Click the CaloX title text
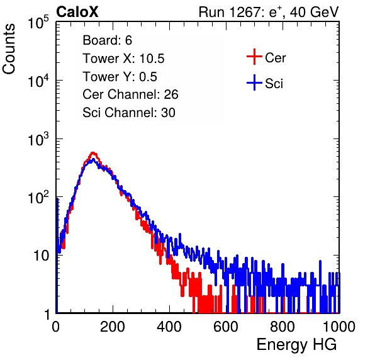click(77, 12)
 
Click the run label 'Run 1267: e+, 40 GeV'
click(269, 12)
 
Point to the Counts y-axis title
click(9, 49)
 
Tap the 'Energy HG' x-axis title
click(296, 344)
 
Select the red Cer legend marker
click(254, 57)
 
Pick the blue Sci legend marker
click(254, 83)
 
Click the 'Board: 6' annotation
click(107, 40)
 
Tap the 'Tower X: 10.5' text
click(123, 59)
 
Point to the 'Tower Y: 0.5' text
click(120, 77)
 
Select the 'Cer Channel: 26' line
click(130, 94)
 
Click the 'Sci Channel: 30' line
click(129, 113)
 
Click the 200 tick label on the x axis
click(113, 327)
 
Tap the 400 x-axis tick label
click(169, 327)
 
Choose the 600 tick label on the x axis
click(226, 327)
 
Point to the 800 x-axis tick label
click(283, 327)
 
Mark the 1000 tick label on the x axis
click(339, 327)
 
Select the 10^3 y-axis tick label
click(38, 139)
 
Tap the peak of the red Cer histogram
click(92, 152)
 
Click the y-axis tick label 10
click(41, 256)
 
